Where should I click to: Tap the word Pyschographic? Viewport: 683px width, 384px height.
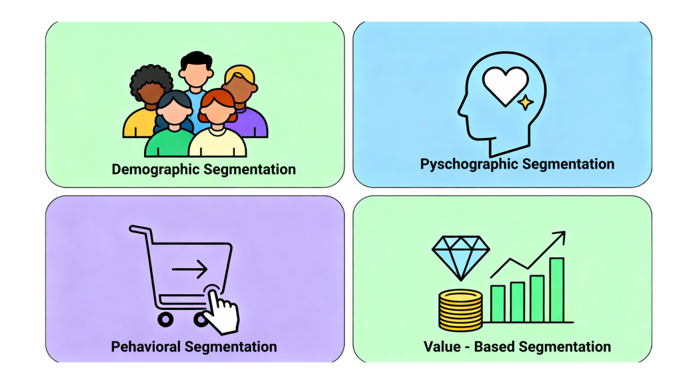469,164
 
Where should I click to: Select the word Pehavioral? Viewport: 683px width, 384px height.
145,347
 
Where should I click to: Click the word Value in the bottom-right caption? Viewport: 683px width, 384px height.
442,347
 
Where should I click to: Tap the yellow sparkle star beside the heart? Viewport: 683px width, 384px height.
526,102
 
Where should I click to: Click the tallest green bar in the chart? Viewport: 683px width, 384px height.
557,289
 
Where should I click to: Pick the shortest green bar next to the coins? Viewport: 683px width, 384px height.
498,304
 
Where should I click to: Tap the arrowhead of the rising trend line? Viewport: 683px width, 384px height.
560,237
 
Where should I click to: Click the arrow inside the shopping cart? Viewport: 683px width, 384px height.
189,269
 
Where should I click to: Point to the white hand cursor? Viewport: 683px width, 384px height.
221,311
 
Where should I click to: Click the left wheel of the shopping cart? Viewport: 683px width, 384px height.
165,320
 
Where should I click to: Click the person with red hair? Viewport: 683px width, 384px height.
217,123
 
